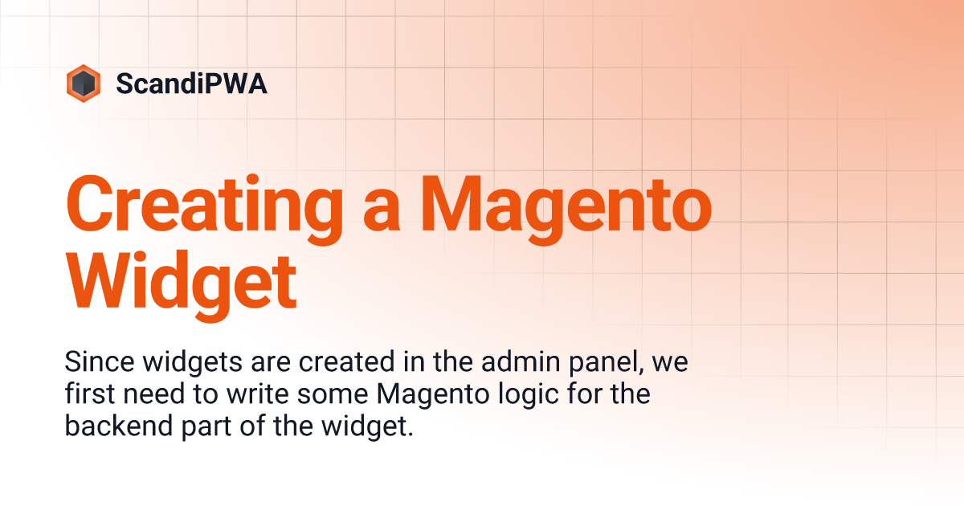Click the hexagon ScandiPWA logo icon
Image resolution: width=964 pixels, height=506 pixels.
[83, 84]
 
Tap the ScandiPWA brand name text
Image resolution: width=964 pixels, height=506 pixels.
[191, 84]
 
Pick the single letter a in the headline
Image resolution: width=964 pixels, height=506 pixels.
[370, 210]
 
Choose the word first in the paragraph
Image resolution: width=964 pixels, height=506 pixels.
[84, 395]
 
